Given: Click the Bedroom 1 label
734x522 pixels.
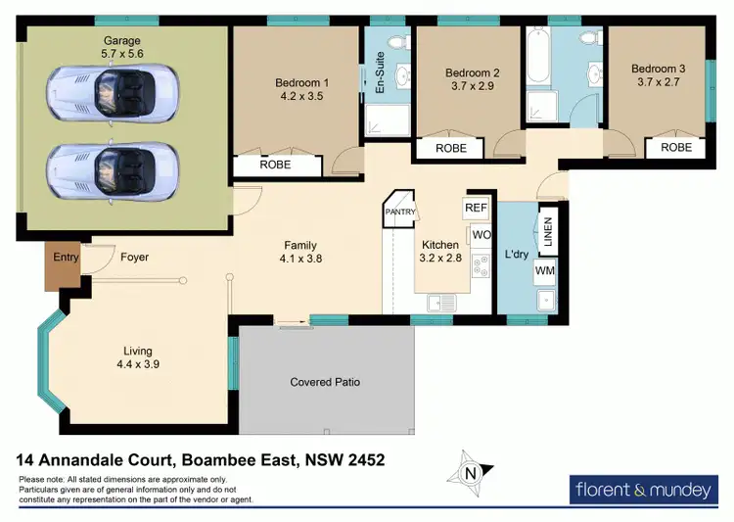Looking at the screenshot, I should [300, 83].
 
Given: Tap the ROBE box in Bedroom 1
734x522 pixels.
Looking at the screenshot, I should [275, 166].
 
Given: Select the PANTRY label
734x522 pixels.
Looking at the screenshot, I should [401, 213].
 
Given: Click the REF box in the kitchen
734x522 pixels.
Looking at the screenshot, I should [476, 208].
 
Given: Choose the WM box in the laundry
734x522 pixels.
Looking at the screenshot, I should [546, 271].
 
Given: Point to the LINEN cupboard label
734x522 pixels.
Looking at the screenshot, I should [549, 234].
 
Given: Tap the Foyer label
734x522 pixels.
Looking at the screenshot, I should [135, 259].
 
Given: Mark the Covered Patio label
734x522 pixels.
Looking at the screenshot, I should [325, 382].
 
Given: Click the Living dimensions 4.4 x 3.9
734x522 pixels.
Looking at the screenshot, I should [138, 364].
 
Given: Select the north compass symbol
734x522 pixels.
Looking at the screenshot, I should [471, 475].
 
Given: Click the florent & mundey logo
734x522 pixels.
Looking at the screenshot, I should [645, 489].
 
